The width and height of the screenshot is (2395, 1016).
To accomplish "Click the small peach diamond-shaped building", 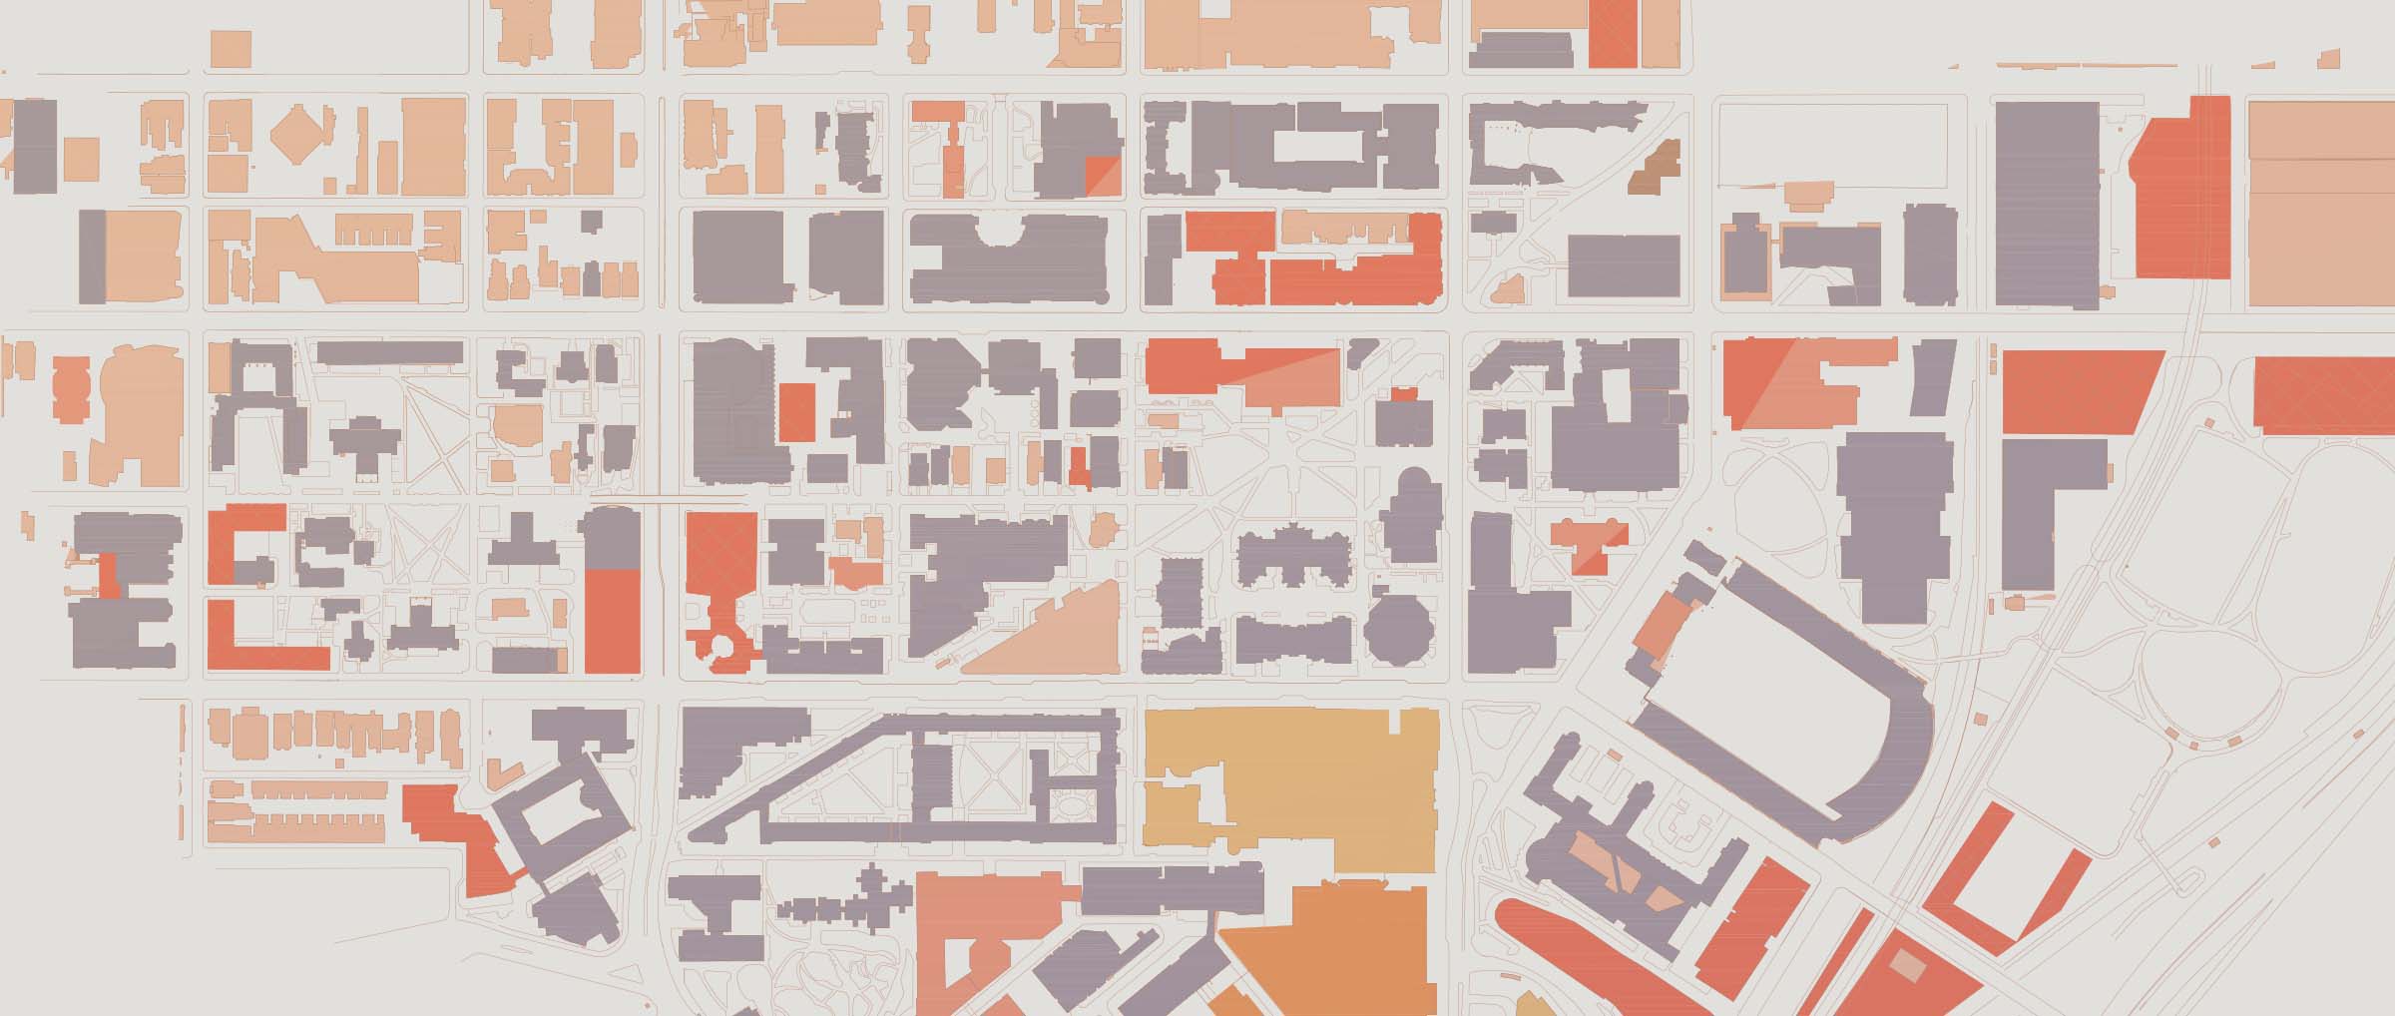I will click(x=298, y=129).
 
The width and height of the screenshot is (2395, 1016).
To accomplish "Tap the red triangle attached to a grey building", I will click(x=1102, y=175).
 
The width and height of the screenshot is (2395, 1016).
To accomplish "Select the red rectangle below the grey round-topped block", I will click(x=612, y=619).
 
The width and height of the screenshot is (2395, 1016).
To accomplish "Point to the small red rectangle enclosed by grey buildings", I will click(x=795, y=411).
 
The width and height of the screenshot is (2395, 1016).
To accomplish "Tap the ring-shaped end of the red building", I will click(x=720, y=647).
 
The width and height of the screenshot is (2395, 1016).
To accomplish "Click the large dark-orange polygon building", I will click(x=1327, y=948).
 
